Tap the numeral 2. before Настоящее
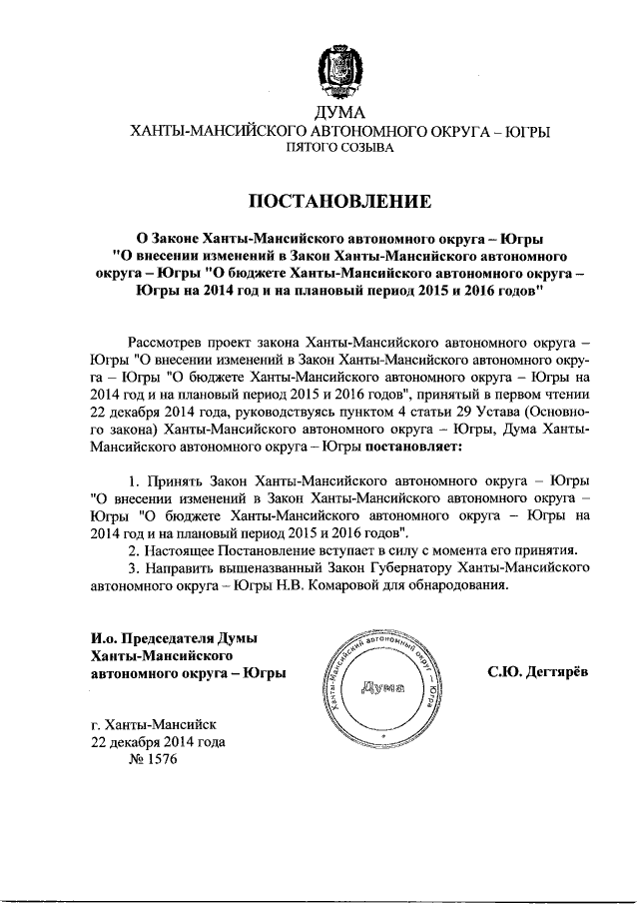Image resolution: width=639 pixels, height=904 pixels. (x=137, y=550)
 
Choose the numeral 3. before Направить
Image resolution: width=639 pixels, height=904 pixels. (x=137, y=568)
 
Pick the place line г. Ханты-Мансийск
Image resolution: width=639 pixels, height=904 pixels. (x=152, y=725)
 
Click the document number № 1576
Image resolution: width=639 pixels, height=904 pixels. (x=153, y=760)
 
